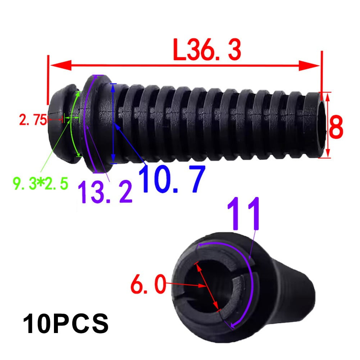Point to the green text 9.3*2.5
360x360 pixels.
pos(40,184)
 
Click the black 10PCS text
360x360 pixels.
pos(66,324)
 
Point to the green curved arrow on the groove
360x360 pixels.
pos(74,122)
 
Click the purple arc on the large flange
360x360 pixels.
pos(85,122)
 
